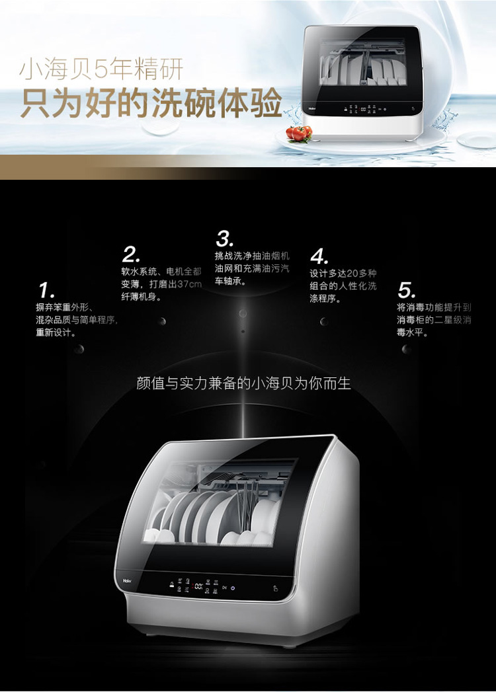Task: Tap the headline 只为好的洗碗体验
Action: (x=151, y=103)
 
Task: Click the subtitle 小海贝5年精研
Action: (x=101, y=70)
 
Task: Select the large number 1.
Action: (x=46, y=290)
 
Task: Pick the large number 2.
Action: (x=131, y=254)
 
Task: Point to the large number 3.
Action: (x=224, y=239)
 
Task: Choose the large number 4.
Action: (x=319, y=256)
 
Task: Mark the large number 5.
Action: (x=406, y=290)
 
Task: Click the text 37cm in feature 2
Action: (x=189, y=284)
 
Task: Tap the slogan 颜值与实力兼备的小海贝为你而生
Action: (x=243, y=383)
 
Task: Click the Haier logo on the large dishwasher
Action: (x=127, y=581)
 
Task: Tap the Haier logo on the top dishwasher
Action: (x=312, y=108)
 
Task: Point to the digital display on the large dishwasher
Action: (x=198, y=586)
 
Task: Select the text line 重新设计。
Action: (x=56, y=332)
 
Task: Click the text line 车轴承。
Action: (x=230, y=281)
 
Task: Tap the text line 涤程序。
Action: (x=325, y=299)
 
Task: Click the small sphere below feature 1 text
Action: (x=79, y=350)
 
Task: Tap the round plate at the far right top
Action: (x=477, y=140)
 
